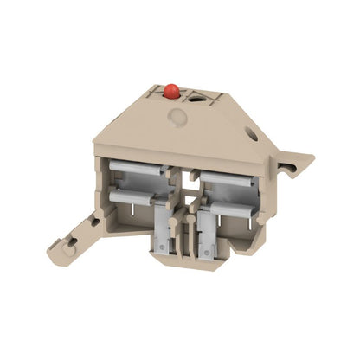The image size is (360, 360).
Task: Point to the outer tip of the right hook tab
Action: (x=310, y=159)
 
